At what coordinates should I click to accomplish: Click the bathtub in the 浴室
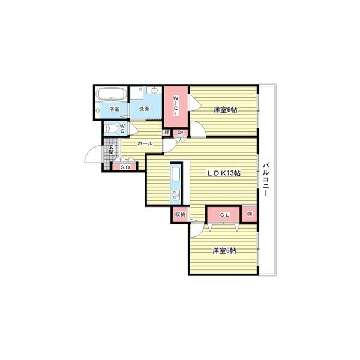[112, 94]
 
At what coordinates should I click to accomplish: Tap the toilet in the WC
[111, 129]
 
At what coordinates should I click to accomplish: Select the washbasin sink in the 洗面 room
[154, 90]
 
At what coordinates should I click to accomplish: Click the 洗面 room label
[144, 109]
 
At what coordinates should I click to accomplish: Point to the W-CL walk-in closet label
[176, 106]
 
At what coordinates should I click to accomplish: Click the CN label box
[180, 133]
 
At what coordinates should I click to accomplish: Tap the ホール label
[145, 144]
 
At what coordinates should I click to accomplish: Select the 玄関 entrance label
[111, 149]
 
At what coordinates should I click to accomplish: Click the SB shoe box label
[125, 167]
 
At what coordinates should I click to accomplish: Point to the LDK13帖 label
[224, 173]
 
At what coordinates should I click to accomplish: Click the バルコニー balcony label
[266, 179]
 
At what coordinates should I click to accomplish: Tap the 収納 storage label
[180, 214]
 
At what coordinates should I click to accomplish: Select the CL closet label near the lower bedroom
[224, 215]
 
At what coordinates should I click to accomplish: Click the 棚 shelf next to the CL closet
[250, 214]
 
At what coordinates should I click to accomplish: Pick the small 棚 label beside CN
[167, 133]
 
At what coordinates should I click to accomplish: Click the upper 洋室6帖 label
[225, 110]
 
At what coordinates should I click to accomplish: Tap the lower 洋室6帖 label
[224, 251]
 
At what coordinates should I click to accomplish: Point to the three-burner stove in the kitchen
[176, 195]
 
